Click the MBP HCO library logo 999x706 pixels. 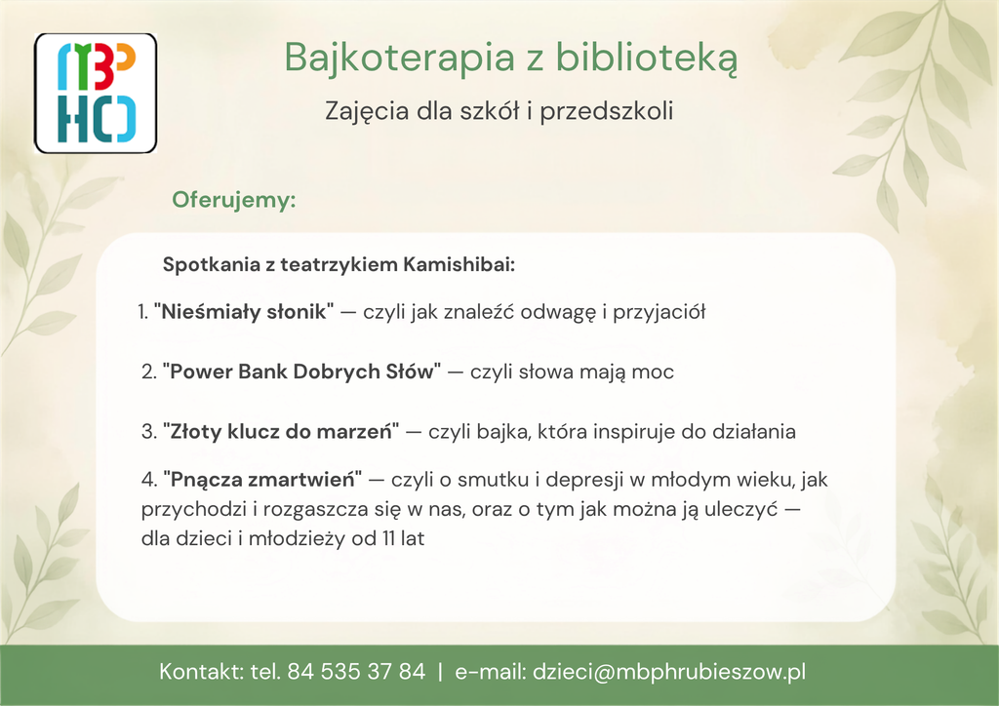coord(96,93)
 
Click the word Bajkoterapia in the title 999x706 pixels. coord(399,58)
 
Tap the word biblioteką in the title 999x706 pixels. coord(647,58)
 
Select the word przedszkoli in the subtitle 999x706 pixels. coord(607,111)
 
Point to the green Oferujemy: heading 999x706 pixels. coord(234,200)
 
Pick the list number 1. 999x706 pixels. coord(142,312)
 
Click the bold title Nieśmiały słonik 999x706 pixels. coord(243,312)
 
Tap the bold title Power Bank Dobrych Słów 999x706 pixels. coord(301,372)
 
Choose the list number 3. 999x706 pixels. coord(148,432)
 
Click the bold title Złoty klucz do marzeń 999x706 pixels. coord(281,432)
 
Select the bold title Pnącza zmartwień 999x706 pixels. coord(262,480)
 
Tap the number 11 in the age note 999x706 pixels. coord(388,538)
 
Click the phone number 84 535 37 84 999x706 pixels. coord(356,672)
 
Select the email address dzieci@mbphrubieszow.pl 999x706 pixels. coord(669,672)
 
